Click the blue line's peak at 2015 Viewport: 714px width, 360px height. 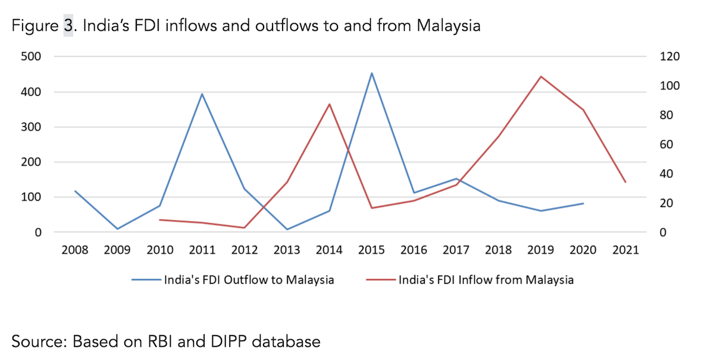tap(372, 73)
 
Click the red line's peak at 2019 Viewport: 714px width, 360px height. tap(541, 76)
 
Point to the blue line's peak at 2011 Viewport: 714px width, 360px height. tap(202, 93)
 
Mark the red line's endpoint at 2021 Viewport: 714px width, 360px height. tap(625, 182)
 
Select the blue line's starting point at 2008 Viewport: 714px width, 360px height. tap(75, 191)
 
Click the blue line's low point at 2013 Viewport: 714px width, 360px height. tap(287, 229)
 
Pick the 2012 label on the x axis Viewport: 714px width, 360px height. tap(245, 250)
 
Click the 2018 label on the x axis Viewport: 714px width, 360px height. tap(499, 250)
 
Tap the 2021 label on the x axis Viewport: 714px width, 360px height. tap(625, 250)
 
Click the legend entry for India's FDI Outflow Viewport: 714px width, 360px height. tap(249, 280)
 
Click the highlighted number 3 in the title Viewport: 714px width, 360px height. tap(68, 27)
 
